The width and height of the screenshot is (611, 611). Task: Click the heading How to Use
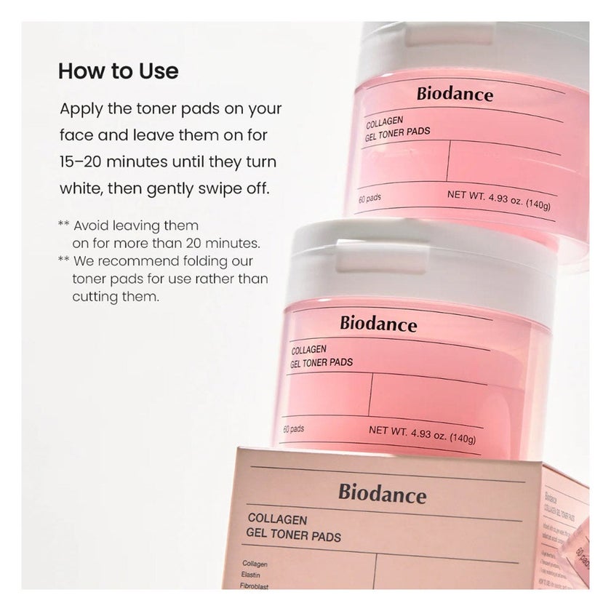click(x=118, y=72)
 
